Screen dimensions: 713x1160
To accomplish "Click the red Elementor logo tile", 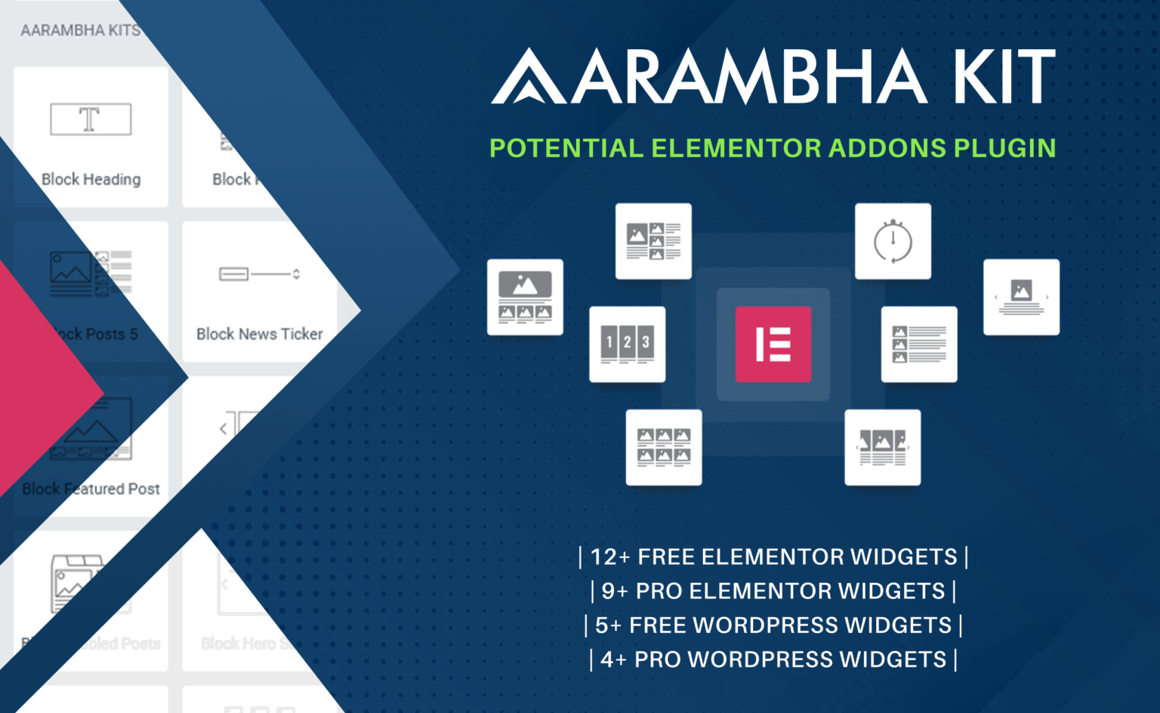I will (773, 344).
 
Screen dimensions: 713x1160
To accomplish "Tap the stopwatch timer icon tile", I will (893, 241).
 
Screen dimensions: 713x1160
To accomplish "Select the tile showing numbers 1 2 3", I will (627, 344).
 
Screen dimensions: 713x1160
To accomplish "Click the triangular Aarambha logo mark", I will (528, 77).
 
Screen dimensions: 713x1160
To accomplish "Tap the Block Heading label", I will (91, 180).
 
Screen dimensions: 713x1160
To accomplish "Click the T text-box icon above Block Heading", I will (91, 119).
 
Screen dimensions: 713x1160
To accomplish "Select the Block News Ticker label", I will (259, 334).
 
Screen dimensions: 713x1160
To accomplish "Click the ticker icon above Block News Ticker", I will (259, 273).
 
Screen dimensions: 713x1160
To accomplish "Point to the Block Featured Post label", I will (91, 489).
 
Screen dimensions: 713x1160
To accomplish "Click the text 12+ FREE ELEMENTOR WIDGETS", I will (773, 557).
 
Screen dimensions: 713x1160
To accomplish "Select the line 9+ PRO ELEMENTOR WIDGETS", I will (773, 591).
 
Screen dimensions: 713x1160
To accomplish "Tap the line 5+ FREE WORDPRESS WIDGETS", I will (773, 625).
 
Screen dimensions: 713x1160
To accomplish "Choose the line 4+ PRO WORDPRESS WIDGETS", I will (773, 659).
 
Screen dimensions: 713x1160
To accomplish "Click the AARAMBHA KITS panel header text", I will (80, 31).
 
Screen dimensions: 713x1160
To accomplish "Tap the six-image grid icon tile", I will (664, 447).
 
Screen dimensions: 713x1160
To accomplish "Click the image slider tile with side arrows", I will (1021, 297).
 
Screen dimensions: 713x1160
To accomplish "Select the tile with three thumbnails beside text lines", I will (919, 344).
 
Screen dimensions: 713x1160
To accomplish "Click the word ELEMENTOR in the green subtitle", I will (736, 148).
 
